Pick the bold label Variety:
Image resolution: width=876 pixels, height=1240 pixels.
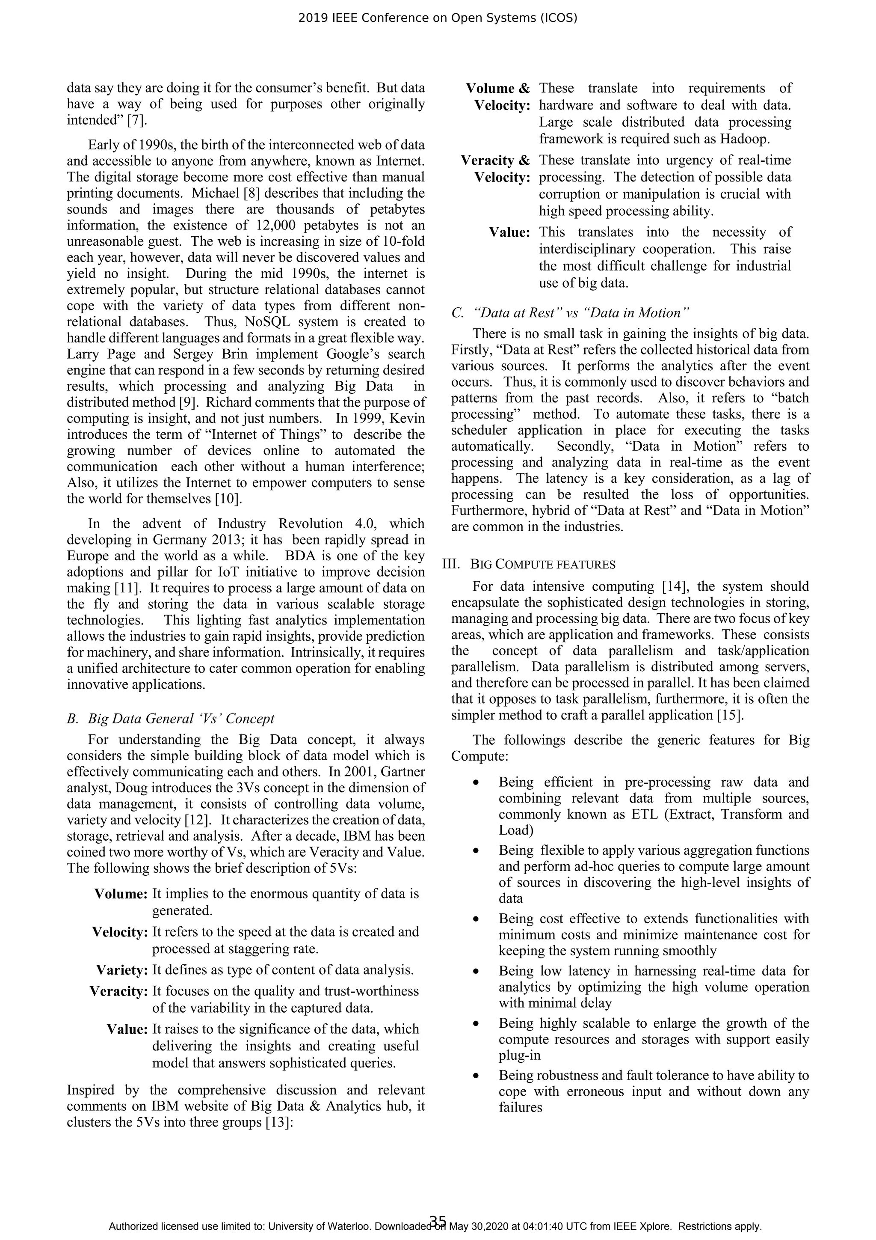(x=122, y=970)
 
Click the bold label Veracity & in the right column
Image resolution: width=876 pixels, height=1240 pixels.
(x=495, y=161)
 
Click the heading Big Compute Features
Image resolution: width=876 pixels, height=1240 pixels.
(x=542, y=565)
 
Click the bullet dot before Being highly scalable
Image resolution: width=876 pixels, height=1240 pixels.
(x=476, y=1024)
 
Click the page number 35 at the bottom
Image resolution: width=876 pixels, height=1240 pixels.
(x=438, y=1222)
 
